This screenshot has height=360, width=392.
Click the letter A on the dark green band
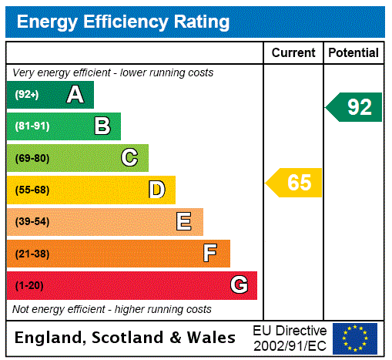tap(75, 95)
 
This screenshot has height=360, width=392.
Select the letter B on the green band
tap(102, 126)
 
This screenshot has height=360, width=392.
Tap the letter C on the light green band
tap(129, 158)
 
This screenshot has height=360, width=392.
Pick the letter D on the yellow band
tap(156, 190)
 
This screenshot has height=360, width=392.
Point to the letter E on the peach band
tap(184, 222)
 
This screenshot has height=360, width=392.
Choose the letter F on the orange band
tap(210, 254)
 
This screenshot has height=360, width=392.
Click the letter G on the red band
tap(239, 285)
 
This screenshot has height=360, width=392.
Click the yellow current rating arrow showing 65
tap(294, 183)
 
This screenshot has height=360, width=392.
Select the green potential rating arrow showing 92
tap(354, 106)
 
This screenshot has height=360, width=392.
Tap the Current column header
tap(293, 53)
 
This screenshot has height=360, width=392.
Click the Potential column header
tap(353, 53)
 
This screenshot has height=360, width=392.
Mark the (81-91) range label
tap(32, 126)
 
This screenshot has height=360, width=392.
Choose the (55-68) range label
tap(32, 190)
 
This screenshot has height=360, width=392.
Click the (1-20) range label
tap(28, 285)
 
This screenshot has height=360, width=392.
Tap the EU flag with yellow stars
tap(354, 338)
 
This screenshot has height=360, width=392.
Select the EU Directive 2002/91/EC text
tap(290, 338)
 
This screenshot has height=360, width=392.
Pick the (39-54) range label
tap(32, 222)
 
